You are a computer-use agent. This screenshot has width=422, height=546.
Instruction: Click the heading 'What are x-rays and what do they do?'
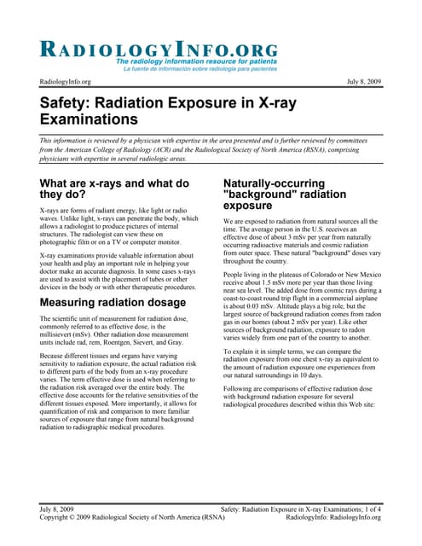point(114,189)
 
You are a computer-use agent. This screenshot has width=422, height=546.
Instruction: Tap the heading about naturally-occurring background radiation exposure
point(285,194)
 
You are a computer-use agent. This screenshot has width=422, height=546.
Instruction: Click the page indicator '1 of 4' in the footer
point(369,508)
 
